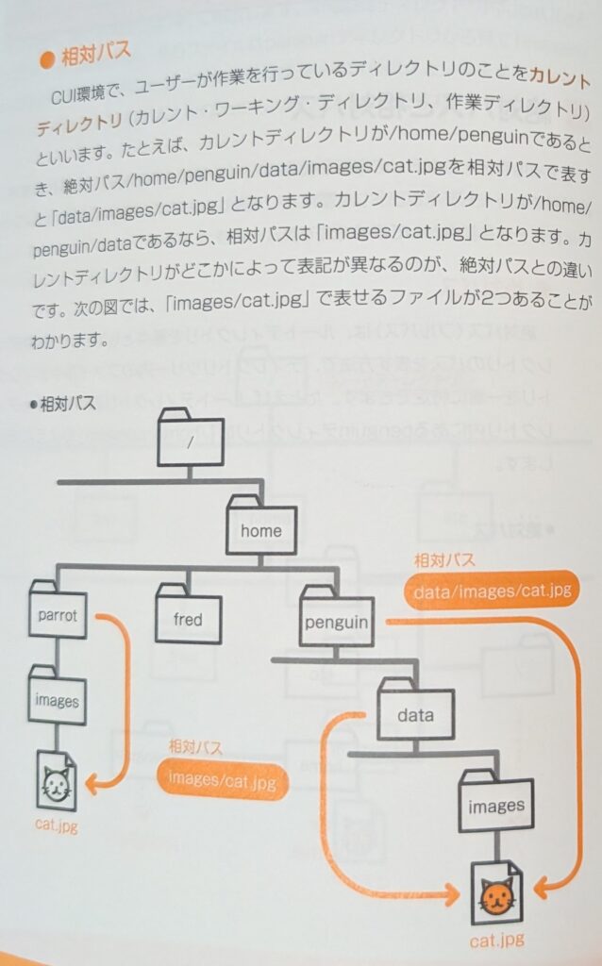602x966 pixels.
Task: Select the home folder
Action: (x=261, y=528)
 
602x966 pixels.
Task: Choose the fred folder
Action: (x=187, y=618)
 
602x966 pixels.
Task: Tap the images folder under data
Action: (x=495, y=805)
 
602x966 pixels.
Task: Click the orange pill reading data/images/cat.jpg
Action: (x=491, y=591)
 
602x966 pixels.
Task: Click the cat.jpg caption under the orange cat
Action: (x=497, y=940)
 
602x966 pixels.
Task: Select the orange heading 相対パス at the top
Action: (x=96, y=53)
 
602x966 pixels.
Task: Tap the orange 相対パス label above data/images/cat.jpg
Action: (x=444, y=560)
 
